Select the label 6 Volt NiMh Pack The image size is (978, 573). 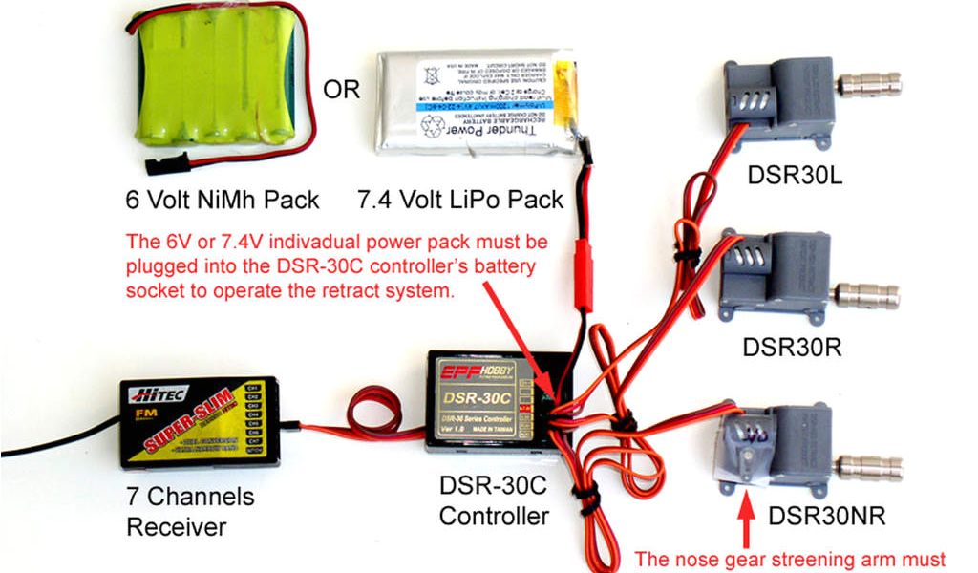(x=222, y=202)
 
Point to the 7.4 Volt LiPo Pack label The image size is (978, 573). (x=459, y=202)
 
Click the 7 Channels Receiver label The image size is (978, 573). (x=190, y=512)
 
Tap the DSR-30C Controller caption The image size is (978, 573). (x=493, y=502)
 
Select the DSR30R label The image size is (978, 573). (x=792, y=346)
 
